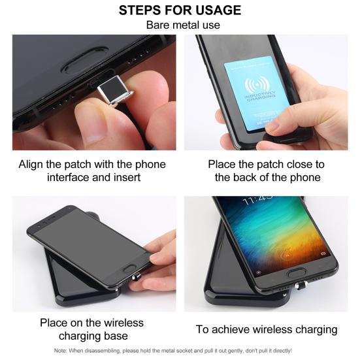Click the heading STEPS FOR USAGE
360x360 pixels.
click(180, 10)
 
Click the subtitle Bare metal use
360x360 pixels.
click(180, 25)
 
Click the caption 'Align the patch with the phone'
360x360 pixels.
click(92, 164)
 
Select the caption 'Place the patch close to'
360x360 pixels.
click(266, 164)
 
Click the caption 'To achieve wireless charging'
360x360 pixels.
click(267, 329)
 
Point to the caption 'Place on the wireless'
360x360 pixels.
click(91, 323)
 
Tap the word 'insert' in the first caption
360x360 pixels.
click(121, 178)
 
